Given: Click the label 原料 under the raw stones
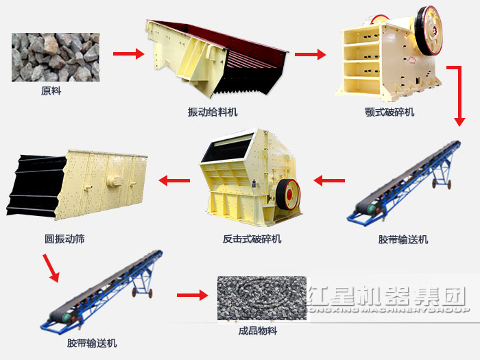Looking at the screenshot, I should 51,91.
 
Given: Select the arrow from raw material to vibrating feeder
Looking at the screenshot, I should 128,53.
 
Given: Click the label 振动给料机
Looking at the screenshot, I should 213,112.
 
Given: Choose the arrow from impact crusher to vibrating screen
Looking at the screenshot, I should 175,181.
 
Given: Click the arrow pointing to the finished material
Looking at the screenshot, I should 191,296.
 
